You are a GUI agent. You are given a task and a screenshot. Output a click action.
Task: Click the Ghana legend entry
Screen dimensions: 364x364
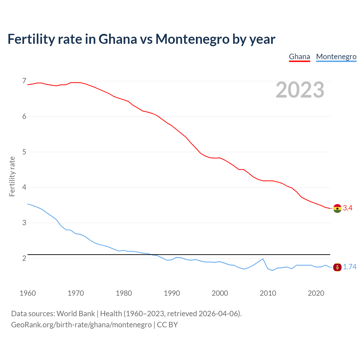tap(299, 57)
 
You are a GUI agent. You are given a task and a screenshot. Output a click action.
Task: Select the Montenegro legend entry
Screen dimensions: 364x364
tap(336, 57)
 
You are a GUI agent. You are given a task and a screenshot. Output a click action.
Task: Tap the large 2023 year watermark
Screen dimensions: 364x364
tap(300, 90)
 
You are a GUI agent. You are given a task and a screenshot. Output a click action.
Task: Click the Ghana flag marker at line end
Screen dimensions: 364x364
tap(337, 208)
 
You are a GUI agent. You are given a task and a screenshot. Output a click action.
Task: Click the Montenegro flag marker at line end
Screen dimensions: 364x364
tap(337, 267)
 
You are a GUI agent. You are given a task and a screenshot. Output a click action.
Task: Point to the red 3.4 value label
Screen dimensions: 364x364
tap(348, 208)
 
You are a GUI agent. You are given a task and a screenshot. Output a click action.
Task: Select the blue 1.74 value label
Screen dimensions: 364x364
tap(349, 267)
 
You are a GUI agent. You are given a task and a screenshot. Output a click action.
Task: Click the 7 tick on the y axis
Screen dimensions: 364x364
tap(24, 81)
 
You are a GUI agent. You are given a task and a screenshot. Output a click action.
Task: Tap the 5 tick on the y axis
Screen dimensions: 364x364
tap(24, 152)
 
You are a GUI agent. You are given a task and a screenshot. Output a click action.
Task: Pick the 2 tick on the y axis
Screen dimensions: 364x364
tap(24, 258)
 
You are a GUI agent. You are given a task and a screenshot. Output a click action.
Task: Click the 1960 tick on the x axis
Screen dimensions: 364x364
tap(28, 293)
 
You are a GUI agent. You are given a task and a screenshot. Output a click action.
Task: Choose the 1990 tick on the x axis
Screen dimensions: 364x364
tap(172, 293)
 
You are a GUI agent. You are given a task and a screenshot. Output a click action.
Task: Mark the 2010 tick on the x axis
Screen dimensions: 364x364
tap(268, 293)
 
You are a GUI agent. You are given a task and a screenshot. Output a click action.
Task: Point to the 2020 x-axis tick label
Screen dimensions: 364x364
tap(316, 293)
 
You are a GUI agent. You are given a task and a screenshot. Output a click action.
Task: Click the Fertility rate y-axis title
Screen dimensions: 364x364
tap(12, 176)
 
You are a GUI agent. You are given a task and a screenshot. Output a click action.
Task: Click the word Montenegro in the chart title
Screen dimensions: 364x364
tap(192, 39)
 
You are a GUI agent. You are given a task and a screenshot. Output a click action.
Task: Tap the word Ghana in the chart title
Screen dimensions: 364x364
tap(117, 39)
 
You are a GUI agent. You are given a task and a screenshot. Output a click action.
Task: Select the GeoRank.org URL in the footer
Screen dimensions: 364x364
tap(81, 325)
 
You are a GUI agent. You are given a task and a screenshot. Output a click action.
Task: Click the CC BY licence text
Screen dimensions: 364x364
tap(167, 325)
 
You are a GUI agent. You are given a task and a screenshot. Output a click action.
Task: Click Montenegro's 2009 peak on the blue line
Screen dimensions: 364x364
tap(263, 259)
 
